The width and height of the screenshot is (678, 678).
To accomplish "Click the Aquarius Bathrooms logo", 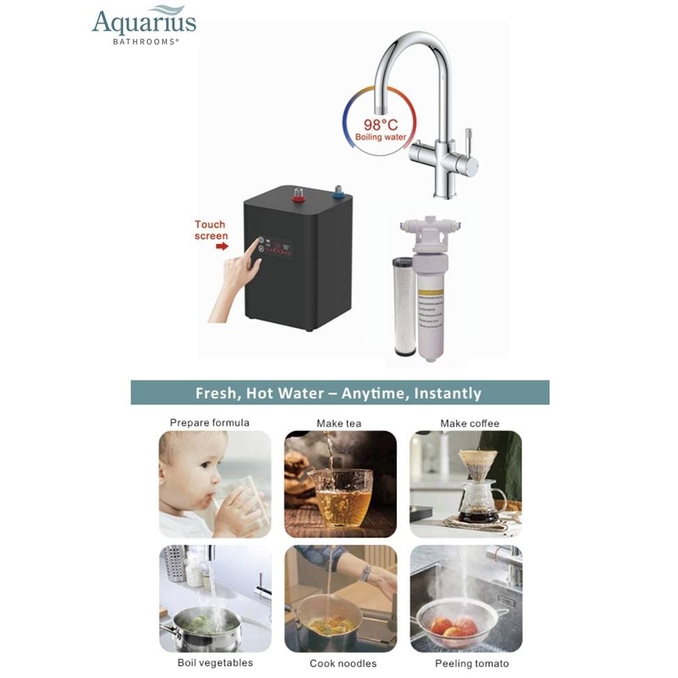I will pyautogui.click(x=144, y=26).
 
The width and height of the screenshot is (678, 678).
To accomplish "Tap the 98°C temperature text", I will pyautogui.click(x=380, y=125).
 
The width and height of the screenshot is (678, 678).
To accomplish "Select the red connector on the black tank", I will pyautogui.click(x=298, y=194).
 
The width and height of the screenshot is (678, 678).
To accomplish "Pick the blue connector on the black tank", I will pyautogui.click(x=339, y=192).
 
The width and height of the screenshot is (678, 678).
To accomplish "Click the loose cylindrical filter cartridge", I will pyautogui.click(x=404, y=306).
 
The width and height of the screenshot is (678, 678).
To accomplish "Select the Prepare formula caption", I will pyautogui.click(x=209, y=423).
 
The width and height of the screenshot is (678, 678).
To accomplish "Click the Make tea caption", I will pyautogui.click(x=339, y=423).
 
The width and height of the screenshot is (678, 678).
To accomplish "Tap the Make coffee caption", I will pyautogui.click(x=469, y=423).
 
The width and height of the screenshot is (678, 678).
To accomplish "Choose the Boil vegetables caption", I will pyautogui.click(x=215, y=663).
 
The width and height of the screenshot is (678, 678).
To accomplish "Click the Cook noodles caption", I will pyautogui.click(x=343, y=663).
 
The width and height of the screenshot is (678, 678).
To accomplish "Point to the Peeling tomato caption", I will pyautogui.click(x=471, y=663).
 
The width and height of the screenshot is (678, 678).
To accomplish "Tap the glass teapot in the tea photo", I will pyautogui.click(x=340, y=494).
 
